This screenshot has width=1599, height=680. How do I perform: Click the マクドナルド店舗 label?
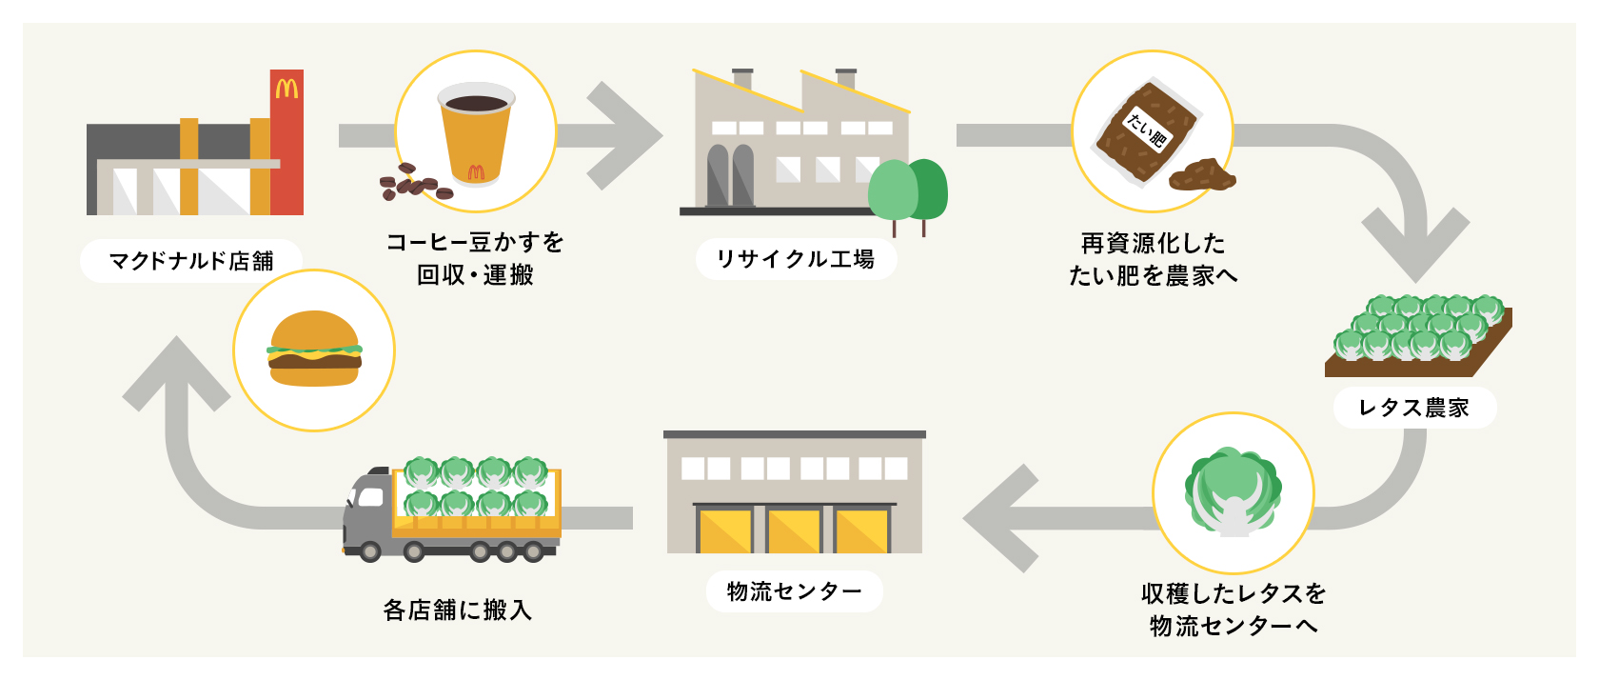pyautogui.click(x=190, y=261)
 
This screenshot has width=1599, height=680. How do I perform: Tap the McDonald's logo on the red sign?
pyautogui.click(x=286, y=90)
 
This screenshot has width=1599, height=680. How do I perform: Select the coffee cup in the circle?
pyautogui.click(x=476, y=133)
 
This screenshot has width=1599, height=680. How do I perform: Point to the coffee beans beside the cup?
pyautogui.click(x=414, y=183)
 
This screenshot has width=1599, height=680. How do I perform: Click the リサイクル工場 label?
pyautogui.click(x=796, y=259)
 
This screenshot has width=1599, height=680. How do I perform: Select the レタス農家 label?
pyautogui.click(x=1414, y=408)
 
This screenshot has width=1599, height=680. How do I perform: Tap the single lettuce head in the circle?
pyautogui.click(x=1233, y=490)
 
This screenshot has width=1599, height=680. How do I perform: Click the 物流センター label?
pyautogui.click(x=794, y=591)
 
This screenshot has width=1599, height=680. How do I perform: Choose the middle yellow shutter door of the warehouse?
pyautogui.click(x=795, y=530)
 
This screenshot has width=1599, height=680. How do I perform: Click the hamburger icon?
pyautogui.click(x=314, y=349)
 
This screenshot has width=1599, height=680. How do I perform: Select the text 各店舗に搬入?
pyautogui.click(x=457, y=610)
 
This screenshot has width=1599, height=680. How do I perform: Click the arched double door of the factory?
pyautogui.click(x=731, y=176)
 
